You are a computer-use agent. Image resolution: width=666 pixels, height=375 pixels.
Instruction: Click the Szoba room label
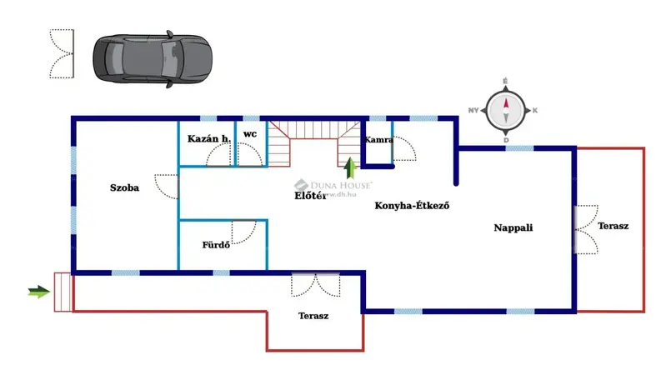pyautogui.click(x=124, y=188)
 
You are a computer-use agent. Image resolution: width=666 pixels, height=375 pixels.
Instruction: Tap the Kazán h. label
pyautogui.click(x=208, y=138)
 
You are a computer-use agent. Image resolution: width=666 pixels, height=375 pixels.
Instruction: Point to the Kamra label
pyautogui.click(x=378, y=140)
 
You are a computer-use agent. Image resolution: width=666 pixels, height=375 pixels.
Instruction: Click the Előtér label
pyautogui.click(x=309, y=197)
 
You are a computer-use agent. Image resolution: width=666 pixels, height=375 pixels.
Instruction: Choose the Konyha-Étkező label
pyautogui.click(x=412, y=206)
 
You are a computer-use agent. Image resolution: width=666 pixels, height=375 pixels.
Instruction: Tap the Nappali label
pyautogui.click(x=513, y=227)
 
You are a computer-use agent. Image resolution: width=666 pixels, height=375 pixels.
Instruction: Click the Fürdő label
pyautogui.click(x=216, y=245)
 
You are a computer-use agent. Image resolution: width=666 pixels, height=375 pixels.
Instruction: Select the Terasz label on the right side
pyautogui.click(x=613, y=227)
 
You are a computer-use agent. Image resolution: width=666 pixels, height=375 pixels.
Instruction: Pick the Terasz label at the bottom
pyautogui.click(x=313, y=316)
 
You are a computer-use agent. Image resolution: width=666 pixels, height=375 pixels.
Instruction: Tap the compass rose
pyautogui.click(x=505, y=110)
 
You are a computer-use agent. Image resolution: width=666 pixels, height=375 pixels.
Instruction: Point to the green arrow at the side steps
pyautogui.click(x=38, y=292)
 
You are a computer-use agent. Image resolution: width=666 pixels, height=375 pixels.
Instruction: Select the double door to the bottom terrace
pyautogui.click(x=316, y=285)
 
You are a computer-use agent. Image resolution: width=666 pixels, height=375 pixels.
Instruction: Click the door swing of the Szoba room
pyautogui.click(x=168, y=186)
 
